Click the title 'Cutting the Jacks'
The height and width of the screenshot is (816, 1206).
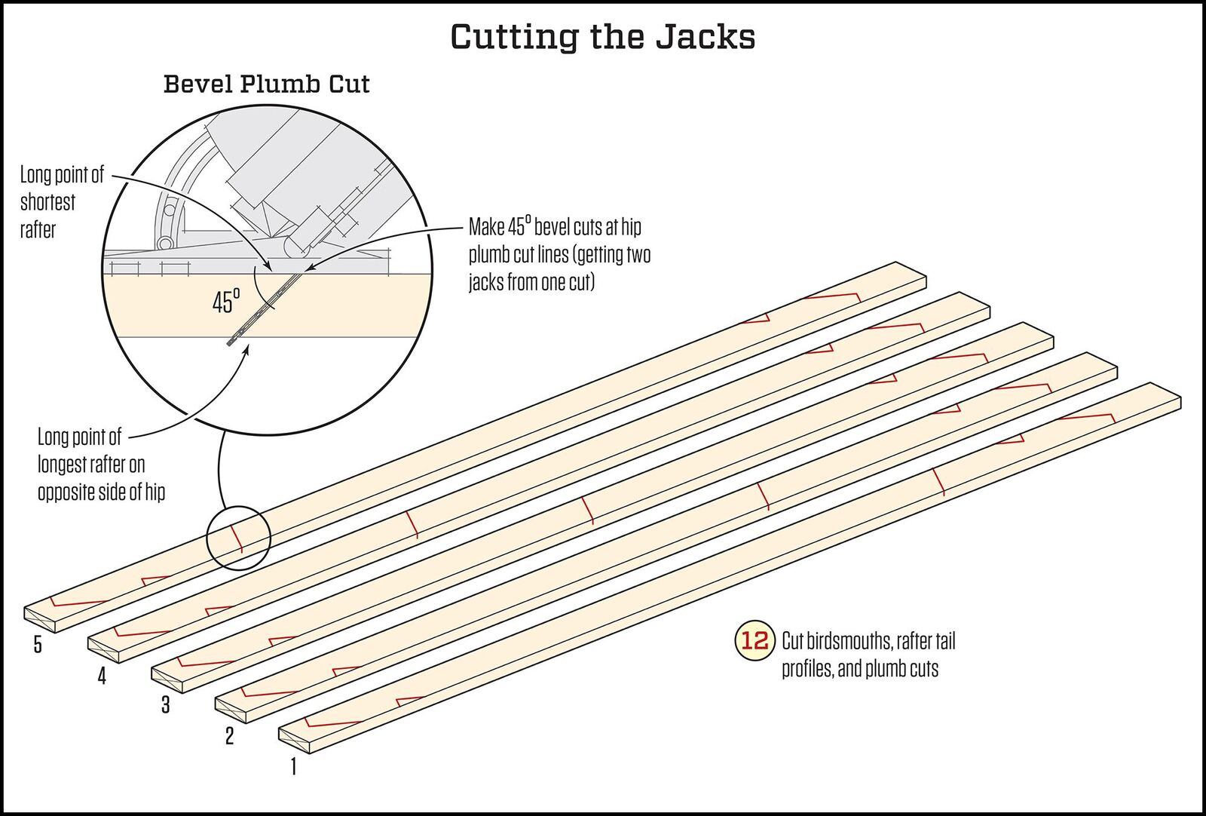tap(603, 37)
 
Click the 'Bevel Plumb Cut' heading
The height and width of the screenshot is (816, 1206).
tap(266, 84)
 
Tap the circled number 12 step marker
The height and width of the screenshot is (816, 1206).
tap(755, 641)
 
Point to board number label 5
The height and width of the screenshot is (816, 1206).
tap(38, 645)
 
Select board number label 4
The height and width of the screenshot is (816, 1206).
tap(102, 675)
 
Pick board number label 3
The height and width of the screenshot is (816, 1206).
tap(166, 705)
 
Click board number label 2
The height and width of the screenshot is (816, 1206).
tap(230, 735)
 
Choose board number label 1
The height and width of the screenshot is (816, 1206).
tap(293, 766)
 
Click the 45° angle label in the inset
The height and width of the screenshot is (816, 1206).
tap(225, 302)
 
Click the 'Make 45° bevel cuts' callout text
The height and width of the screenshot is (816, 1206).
tap(559, 255)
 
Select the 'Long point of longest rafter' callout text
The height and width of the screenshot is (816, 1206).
tap(101, 465)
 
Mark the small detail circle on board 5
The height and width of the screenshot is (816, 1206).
tap(238, 537)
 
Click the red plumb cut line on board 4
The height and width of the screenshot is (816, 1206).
tap(412, 524)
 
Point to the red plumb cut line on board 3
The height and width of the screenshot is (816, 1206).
tap(589, 511)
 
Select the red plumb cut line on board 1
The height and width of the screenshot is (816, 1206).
tap(938, 482)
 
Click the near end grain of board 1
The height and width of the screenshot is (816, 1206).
tap(295, 738)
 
